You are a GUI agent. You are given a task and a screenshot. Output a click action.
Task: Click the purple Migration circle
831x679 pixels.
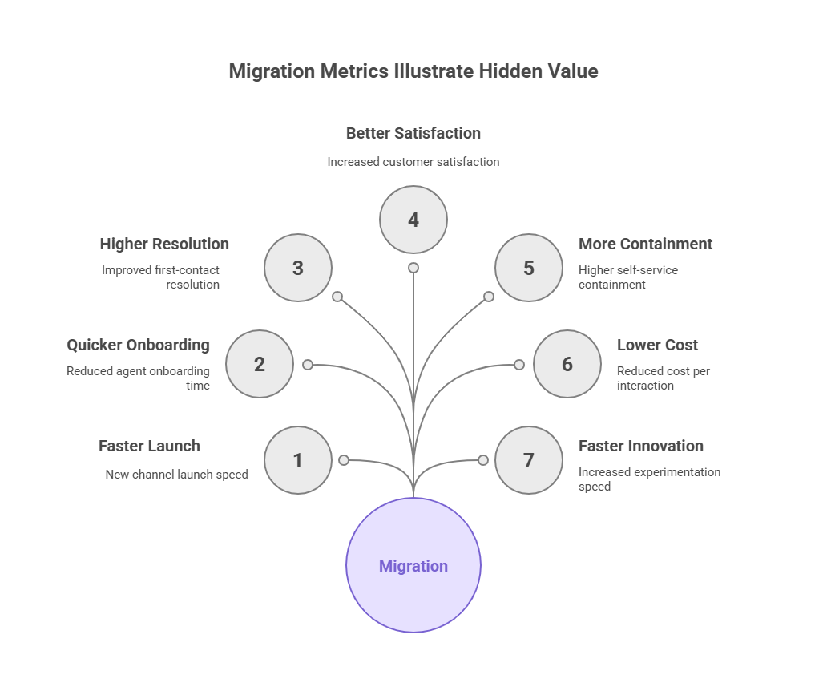[413, 565]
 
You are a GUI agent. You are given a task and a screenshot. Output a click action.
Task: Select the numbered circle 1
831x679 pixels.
[298, 460]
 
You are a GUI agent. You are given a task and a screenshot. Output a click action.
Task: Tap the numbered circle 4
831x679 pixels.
[413, 220]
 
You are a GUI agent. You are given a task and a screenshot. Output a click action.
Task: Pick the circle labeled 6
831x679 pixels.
[567, 364]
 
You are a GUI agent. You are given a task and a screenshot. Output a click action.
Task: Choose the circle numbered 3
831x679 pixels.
[298, 268]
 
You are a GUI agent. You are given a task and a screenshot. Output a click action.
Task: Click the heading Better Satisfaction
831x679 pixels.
[413, 133]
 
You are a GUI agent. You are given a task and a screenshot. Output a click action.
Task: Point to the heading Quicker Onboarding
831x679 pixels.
[138, 345]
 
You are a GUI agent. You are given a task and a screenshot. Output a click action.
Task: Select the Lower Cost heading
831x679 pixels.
[657, 345]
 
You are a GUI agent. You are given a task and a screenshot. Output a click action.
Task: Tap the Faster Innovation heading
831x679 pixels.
[641, 446]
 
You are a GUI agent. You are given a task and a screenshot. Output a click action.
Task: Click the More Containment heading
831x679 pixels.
[645, 244]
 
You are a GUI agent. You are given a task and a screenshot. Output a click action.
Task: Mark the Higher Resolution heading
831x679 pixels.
[164, 244]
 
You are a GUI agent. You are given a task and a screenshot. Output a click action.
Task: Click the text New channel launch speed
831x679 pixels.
[176, 475]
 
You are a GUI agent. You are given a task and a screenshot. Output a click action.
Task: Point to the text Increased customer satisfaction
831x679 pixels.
[413, 162]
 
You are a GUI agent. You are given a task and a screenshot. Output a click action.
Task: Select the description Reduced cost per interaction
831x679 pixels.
[663, 378]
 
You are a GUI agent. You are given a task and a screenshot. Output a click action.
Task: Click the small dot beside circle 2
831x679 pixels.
[308, 365]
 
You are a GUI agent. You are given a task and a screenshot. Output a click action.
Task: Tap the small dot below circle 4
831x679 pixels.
[413, 268]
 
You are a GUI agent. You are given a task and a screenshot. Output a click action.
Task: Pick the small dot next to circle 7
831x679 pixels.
[483, 460]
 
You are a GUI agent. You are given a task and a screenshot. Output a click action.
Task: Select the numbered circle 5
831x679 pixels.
[529, 268]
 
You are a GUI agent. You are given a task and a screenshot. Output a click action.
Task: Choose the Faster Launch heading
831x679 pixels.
[149, 446]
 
